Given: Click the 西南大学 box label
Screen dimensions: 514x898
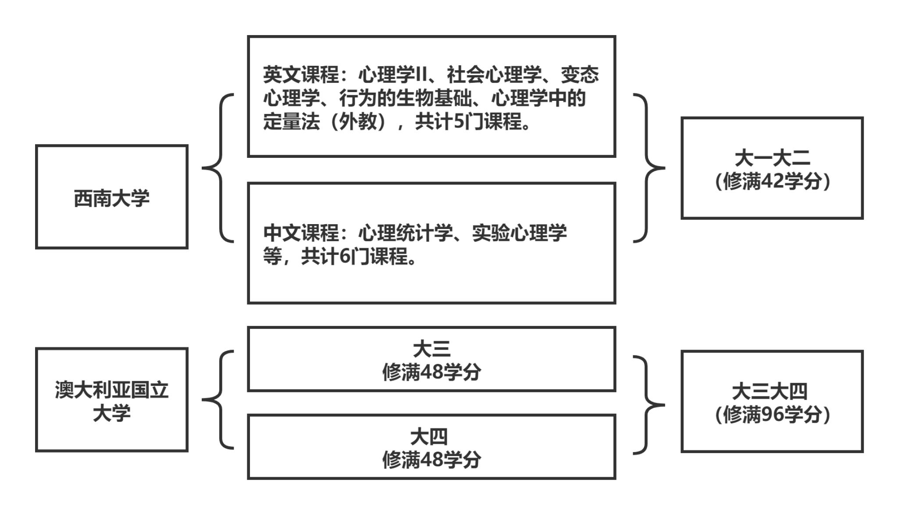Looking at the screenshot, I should point(111,198).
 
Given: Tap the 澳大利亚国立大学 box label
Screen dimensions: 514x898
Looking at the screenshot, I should point(111,401).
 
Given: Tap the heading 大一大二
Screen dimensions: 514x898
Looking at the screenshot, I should point(772,158).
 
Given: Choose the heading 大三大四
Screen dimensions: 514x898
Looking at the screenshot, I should point(770,392).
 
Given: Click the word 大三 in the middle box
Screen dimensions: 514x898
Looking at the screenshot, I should point(431,349).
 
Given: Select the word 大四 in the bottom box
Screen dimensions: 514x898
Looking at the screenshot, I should point(429,437).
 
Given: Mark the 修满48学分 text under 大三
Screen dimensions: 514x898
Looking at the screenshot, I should point(431,372).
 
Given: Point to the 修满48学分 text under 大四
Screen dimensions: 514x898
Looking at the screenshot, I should point(431,460).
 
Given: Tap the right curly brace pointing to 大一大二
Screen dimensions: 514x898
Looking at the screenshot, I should point(649,168).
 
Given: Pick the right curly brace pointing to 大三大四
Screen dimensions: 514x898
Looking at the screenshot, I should point(649,405).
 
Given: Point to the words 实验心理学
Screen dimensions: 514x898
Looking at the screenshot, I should point(519,233).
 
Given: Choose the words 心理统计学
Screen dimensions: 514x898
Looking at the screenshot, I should point(406,233).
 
